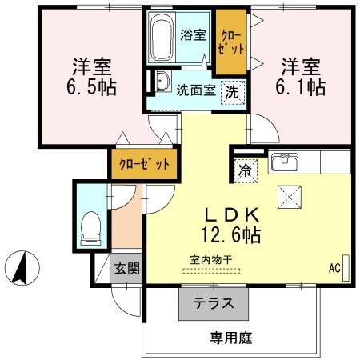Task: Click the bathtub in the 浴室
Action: [x=162, y=37]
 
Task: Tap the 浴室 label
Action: [x=193, y=35]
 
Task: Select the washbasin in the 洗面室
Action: [x=162, y=82]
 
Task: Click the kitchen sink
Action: [x=285, y=162]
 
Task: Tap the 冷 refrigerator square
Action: [x=246, y=170]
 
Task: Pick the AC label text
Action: [x=334, y=268]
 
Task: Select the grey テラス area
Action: [x=214, y=304]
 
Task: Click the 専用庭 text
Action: [x=231, y=338]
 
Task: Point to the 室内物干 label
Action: [x=211, y=260]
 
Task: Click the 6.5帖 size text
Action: [x=91, y=87]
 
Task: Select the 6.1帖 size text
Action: [x=300, y=87]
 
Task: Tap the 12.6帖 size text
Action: [x=231, y=234]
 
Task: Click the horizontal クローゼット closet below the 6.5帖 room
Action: [x=144, y=164]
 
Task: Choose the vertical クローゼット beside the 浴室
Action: [x=231, y=42]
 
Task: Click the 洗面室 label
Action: [x=196, y=90]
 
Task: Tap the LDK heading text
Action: [x=231, y=215]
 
